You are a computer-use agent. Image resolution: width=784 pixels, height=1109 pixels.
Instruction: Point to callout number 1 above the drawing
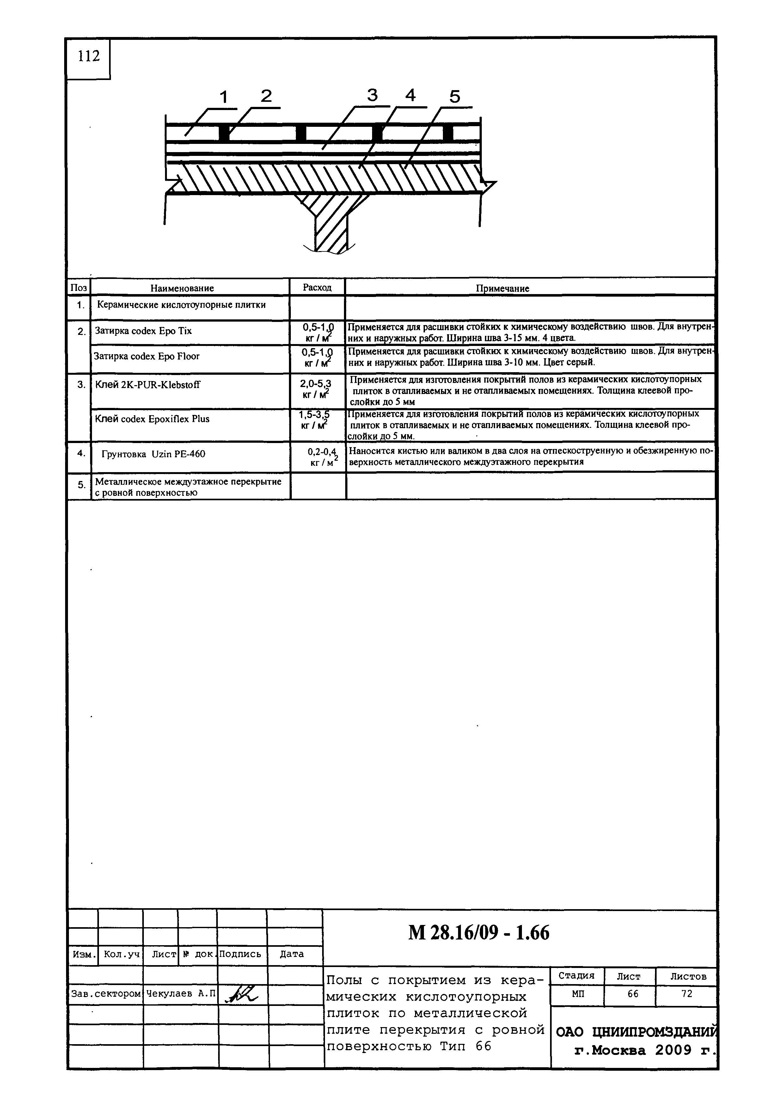point(224,97)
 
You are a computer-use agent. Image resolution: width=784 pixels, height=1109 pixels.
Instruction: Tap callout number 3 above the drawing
point(372,95)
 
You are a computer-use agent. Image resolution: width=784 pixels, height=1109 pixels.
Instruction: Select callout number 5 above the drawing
point(455,97)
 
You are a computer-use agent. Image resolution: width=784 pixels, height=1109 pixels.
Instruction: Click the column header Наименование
point(182,288)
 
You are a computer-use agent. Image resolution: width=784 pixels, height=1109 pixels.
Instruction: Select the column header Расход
point(317,287)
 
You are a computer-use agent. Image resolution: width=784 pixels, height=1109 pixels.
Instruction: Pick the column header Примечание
point(503,288)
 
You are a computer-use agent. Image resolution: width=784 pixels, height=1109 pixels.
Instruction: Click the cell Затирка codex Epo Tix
point(144,331)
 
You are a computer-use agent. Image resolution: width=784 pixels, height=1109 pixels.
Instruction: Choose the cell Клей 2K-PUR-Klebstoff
point(148,385)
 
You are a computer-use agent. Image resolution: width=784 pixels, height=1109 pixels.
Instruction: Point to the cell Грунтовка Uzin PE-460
point(154,454)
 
